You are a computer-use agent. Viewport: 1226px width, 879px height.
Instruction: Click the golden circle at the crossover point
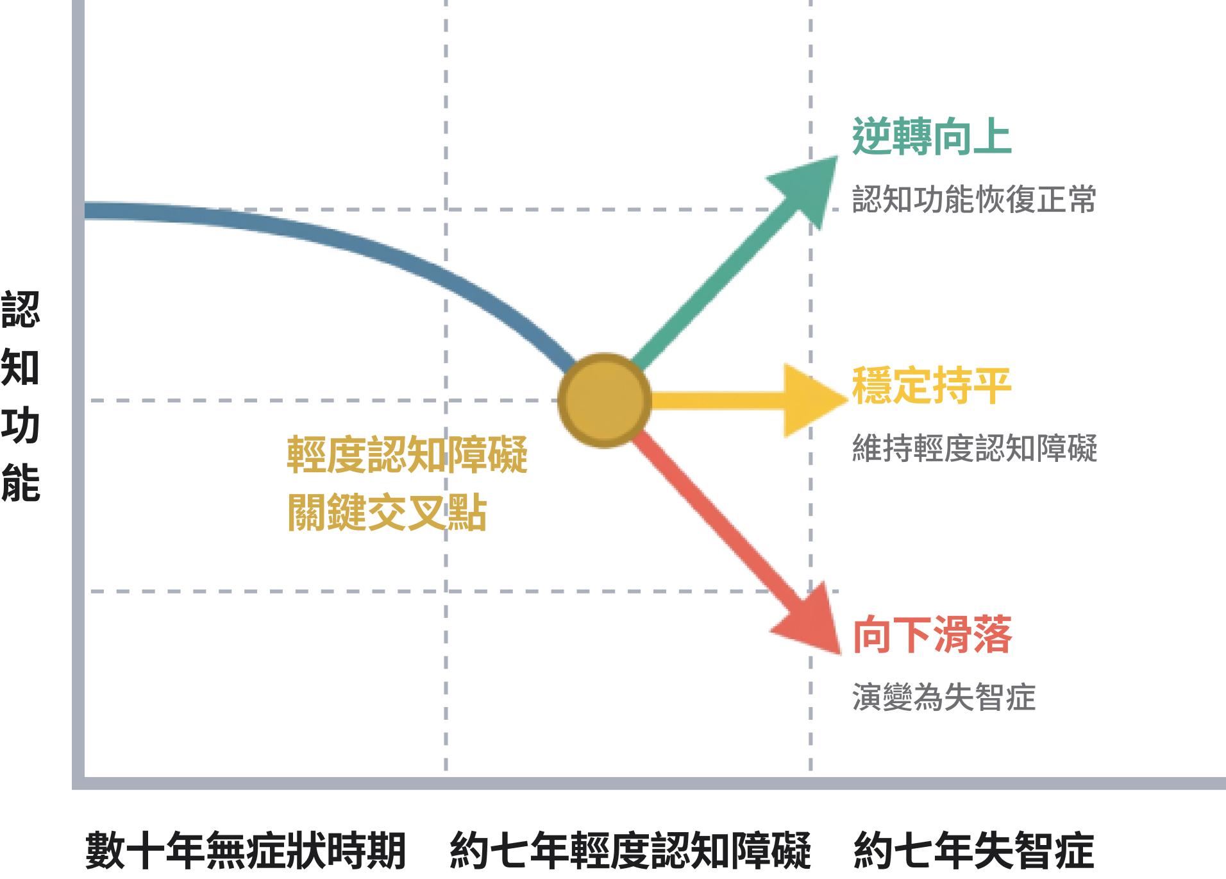[x=605, y=400]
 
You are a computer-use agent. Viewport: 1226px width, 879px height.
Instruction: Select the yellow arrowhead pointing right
[x=811, y=400]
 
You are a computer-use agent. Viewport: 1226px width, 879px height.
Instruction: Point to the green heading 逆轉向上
[x=932, y=137]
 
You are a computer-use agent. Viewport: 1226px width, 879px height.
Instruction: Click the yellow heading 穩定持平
[x=932, y=386]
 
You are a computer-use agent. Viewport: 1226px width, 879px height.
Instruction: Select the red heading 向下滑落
[x=932, y=635]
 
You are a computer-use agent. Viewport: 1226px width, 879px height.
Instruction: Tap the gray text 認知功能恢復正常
[x=974, y=199]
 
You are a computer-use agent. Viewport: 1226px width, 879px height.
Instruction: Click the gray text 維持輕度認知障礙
[x=974, y=448]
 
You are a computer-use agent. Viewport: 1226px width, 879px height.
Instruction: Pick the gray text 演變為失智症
[x=943, y=697]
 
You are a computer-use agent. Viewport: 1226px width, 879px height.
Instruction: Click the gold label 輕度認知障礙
[x=407, y=454]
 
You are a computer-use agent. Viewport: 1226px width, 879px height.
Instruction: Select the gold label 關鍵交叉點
[x=387, y=512]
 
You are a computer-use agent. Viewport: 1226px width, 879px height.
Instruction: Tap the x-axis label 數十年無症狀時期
[x=246, y=850]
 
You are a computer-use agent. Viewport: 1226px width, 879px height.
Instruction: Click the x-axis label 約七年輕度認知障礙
[x=630, y=850]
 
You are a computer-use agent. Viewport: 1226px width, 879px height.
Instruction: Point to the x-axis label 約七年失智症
[x=973, y=850]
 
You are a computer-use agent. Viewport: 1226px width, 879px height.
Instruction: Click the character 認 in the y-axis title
[x=21, y=310]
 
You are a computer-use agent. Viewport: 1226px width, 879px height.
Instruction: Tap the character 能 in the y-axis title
[x=21, y=483]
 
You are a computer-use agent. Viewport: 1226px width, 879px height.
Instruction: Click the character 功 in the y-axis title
[x=21, y=425]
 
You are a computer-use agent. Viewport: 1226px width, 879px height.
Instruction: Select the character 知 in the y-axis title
[x=21, y=368]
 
